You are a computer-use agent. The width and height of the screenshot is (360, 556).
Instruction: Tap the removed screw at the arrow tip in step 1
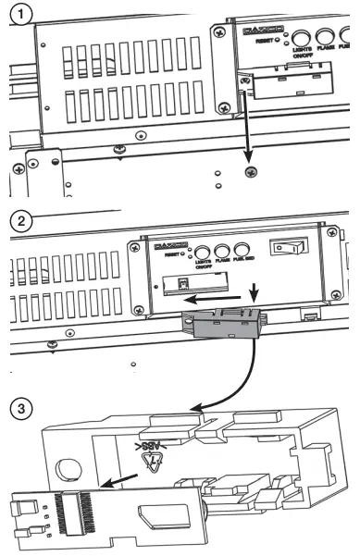click(x=248, y=172)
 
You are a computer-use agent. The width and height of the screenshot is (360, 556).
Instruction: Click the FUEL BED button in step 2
click(x=242, y=250)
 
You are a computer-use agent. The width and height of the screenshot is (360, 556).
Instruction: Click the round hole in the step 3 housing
click(x=68, y=468)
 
